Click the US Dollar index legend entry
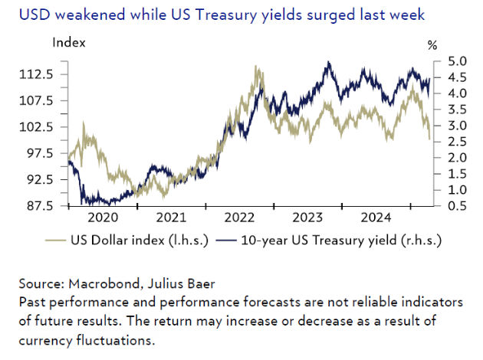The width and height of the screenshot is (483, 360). (130, 240)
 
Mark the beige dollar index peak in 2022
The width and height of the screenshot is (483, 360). (256, 67)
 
